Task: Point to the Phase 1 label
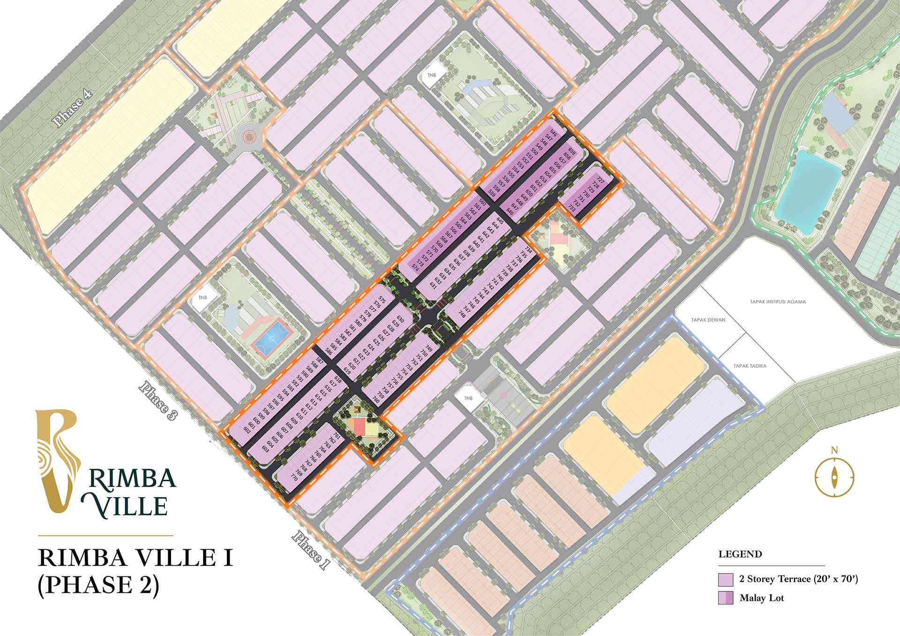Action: click(x=309, y=549)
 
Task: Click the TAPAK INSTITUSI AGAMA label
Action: click(x=777, y=302)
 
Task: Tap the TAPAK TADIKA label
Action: click(x=750, y=366)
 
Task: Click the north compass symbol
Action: click(x=834, y=477)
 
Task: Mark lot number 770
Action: click(x=294, y=478)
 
